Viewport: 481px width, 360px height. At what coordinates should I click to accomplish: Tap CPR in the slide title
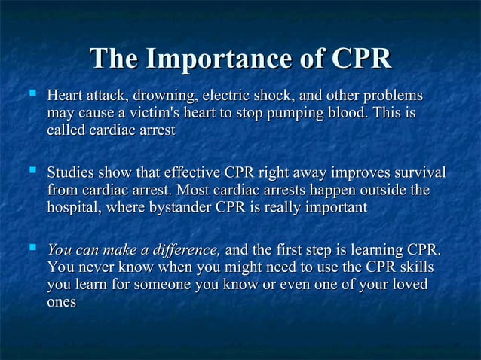tap(357, 59)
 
